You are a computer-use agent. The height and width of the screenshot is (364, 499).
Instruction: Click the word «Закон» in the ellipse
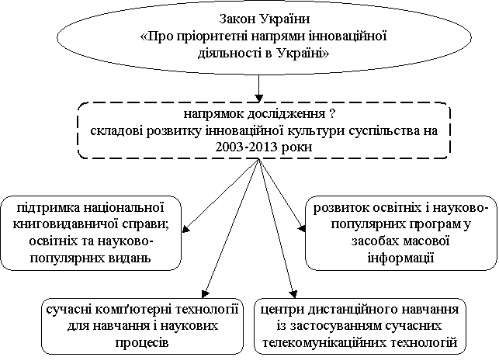pyautogui.click(x=237, y=19)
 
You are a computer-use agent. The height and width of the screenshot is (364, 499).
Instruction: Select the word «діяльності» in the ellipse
pyautogui.click(x=229, y=53)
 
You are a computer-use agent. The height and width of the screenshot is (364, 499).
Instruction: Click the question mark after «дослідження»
pyautogui.click(x=332, y=113)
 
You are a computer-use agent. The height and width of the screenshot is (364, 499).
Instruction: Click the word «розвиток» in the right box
pyautogui.click(x=340, y=208)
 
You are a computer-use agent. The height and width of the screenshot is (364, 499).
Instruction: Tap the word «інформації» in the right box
pyautogui.click(x=400, y=258)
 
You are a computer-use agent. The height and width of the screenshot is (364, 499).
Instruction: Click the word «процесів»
pyautogui.click(x=142, y=342)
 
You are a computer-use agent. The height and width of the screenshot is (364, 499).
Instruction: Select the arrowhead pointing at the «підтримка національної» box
pyautogui.click(x=186, y=228)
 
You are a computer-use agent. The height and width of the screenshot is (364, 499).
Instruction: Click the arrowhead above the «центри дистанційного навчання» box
pyautogui.click(x=293, y=293)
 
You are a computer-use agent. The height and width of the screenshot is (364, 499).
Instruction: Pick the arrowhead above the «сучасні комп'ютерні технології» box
pyautogui.click(x=206, y=293)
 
